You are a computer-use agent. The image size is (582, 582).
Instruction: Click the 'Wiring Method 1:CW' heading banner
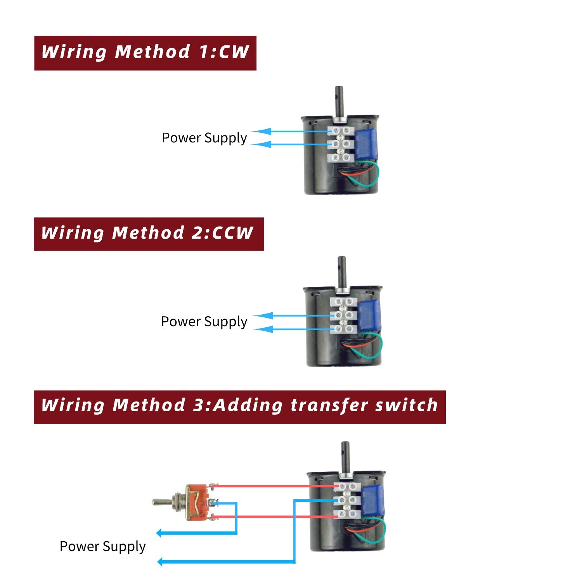pos(145,53)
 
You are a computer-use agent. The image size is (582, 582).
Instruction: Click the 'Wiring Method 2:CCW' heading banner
pos(149,234)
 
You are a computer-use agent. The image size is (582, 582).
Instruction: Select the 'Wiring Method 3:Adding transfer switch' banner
pos(239,407)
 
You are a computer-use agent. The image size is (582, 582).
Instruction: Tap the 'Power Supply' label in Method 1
pos(204,138)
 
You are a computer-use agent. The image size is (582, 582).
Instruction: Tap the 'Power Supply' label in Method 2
pos(204,322)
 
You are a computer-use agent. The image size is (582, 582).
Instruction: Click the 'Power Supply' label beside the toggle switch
pos(102,546)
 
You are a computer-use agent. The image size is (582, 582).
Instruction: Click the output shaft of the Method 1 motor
pos(339,101)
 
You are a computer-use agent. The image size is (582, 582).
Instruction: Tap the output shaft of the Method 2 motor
pos(342,272)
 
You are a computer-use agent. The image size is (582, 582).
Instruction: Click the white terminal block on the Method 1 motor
pos(341,144)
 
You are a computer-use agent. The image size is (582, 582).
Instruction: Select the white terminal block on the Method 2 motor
pos(343,315)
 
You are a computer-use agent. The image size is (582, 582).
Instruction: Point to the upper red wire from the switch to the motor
pos(272,486)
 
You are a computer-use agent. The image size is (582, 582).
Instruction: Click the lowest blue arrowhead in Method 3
pos(160,561)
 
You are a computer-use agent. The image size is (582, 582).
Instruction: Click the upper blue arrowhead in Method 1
pos(264,132)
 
